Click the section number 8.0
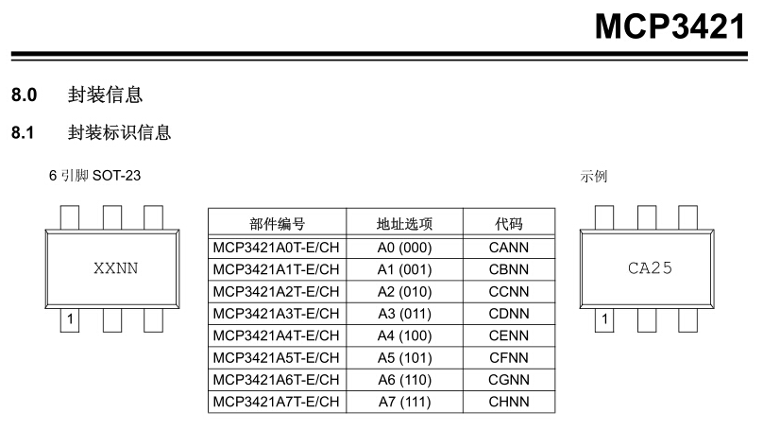(x=24, y=95)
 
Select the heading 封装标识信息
(x=119, y=132)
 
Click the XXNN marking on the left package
(x=115, y=267)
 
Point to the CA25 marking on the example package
(x=650, y=267)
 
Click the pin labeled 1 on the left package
(x=70, y=320)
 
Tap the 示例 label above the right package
(x=594, y=177)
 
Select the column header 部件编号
(x=277, y=225)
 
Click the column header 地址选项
(x=404, y=225)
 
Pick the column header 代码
(x=509, y=225)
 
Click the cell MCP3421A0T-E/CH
(x=277, y=248)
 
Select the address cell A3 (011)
(x=404, y=314)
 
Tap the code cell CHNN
(x=509, y=402)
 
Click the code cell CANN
(x=509, y=248)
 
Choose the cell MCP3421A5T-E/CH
(x=277, y=358)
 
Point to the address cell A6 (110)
(x=404, y=380)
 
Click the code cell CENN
(x=509, y=335)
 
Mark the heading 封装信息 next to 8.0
(x=105, y=95)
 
